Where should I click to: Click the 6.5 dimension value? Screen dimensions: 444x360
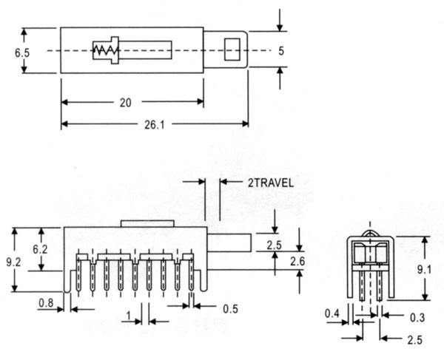22,53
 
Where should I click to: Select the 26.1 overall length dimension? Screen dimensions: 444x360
155,125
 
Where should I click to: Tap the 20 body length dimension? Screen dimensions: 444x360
126,103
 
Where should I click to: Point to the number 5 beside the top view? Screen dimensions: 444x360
281,51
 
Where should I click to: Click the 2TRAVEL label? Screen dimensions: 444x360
271,183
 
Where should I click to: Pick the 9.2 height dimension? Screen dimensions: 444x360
13,262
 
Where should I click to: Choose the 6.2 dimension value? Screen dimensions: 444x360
40,249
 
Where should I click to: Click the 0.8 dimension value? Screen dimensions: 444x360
46,303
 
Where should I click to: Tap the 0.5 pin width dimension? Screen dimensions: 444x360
230,309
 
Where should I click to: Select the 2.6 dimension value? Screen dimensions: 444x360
297,262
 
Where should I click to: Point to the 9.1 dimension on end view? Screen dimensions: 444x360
425,270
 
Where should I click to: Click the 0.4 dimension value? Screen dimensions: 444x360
332,313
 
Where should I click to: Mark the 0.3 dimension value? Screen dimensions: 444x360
417,318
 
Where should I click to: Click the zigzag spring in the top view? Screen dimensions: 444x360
105,50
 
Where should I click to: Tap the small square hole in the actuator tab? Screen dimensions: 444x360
232,50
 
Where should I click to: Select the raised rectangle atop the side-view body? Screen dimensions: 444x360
147,224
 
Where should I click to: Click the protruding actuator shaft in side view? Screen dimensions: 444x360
229,242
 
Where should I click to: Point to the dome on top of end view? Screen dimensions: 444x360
371,234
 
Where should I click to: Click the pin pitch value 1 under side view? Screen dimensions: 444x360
129,316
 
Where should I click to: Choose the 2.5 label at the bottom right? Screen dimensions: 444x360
415,340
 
